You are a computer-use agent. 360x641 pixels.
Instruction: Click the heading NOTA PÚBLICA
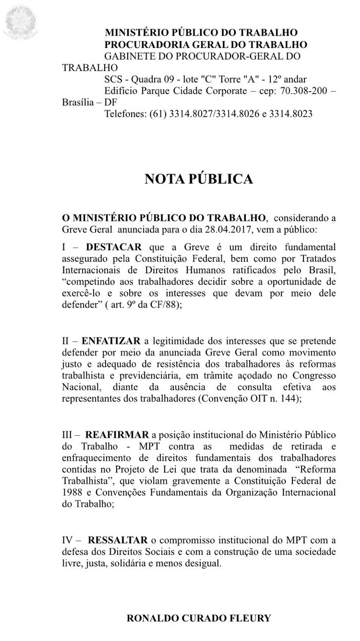tap(198, 179)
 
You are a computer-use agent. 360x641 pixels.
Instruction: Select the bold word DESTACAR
tap(114, 247)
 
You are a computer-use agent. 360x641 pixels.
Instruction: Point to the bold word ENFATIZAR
tap(111, 341)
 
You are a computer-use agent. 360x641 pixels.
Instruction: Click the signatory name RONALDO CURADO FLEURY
tap(199, 618)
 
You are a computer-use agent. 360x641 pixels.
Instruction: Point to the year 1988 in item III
tap(73, 492)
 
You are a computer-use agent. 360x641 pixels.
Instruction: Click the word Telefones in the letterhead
tap(125, 114)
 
